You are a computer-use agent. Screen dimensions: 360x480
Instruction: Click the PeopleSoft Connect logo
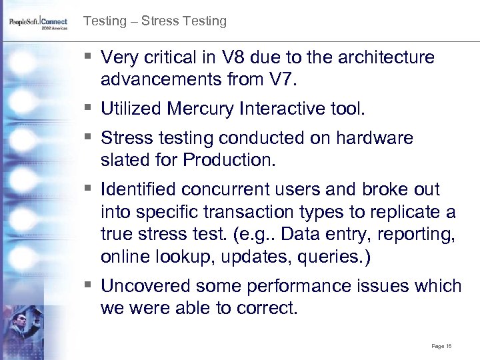(x=39, y=23)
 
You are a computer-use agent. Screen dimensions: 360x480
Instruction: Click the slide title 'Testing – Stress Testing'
(x=155, y=21)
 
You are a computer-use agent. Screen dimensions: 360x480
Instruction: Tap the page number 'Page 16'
(x=442, y=346)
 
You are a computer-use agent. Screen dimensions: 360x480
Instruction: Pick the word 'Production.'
(x=232, y=161)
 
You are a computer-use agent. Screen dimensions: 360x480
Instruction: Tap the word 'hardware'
(x=376, y=138)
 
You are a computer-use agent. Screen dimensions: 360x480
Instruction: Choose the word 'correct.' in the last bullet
(x=267, y=309)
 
